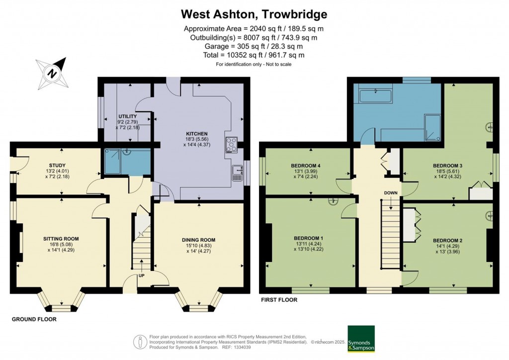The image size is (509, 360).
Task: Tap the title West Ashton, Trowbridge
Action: pos(254,13)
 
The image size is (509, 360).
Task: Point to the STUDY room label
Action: pos(58,165)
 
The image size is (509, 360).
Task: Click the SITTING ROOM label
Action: pos(61,239)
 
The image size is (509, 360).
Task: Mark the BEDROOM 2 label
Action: pos(447,241)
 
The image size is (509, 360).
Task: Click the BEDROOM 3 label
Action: pos(447,165)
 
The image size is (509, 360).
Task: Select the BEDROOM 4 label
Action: pos(308,166)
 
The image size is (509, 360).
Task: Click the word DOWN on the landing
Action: pos(391,192)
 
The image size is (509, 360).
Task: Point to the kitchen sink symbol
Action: pos(237,173)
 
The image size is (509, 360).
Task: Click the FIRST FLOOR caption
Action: pos(279,300)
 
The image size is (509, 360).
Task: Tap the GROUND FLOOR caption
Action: pos(34,319)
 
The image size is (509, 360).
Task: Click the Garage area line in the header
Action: pos(254,46)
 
